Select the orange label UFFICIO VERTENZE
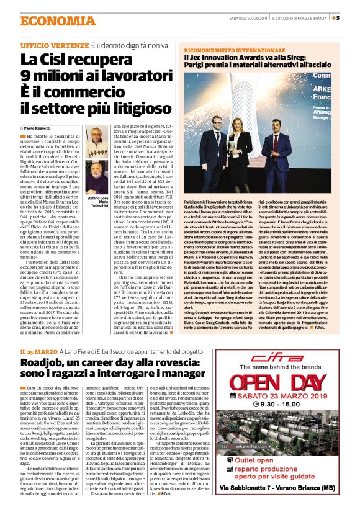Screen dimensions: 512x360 pos(54,46)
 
